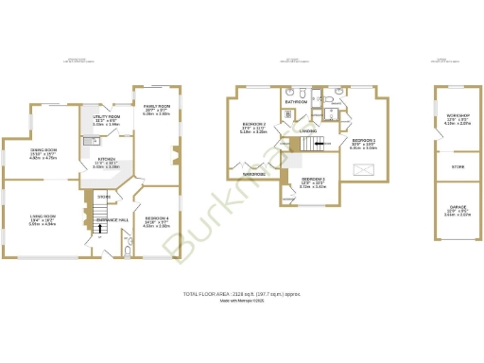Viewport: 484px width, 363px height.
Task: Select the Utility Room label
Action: (x=106, y=119)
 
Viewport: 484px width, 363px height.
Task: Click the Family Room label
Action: (x=157, y=110)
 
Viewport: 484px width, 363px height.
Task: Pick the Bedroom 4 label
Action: (x=156, y=220)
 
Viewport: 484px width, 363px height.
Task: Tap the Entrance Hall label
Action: (x=112, y=219)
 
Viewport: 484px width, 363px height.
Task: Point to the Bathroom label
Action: (x=296, y=101)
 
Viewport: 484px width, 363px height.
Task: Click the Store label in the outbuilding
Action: (x=458, y=166)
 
